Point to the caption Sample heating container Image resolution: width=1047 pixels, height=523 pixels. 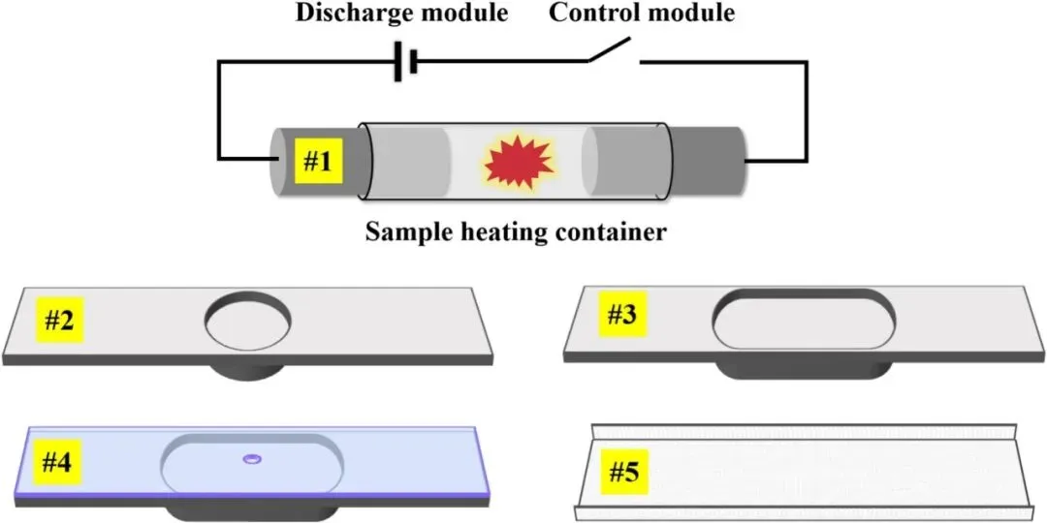[x=515, y=233]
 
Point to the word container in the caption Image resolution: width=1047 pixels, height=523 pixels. [x=615, y=233]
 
